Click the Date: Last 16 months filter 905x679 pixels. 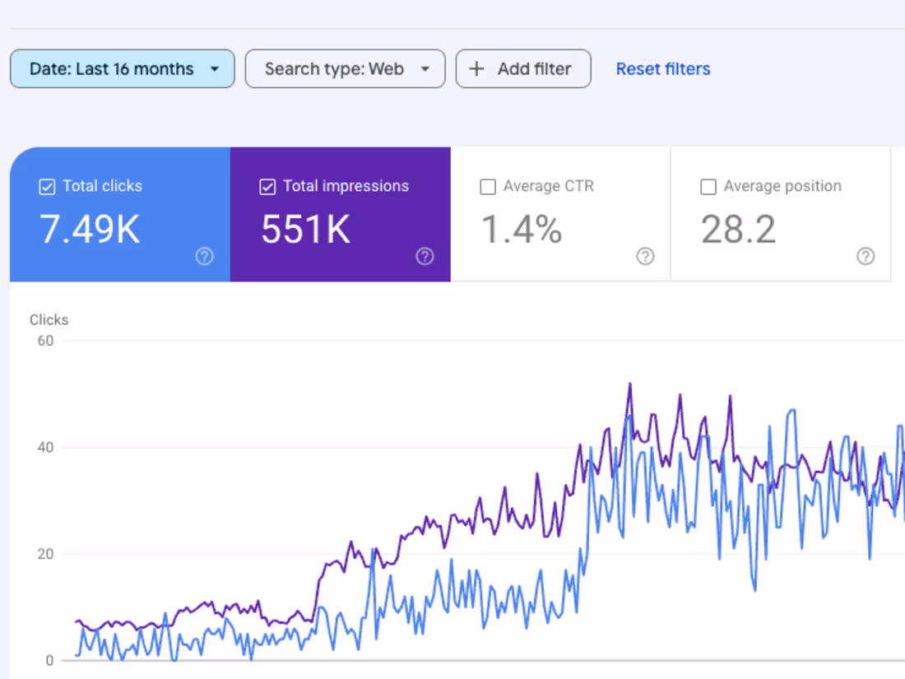point(123,69)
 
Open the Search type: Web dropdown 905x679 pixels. point(345,69)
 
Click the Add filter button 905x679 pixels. point(523,69)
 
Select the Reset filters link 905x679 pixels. point(663,69)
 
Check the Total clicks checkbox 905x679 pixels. point(47,187)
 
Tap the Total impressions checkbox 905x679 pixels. point(267,187)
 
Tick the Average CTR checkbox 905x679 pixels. point(488,187)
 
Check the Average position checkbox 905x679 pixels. point(708,187)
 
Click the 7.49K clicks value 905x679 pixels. point(90,230)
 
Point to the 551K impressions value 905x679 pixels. point(306,230)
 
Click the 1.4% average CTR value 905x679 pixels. point(522,230)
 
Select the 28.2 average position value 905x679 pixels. point(738,230)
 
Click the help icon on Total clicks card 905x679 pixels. point(204,257)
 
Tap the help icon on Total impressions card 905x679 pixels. point(425,257)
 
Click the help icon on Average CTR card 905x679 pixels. point(645,257)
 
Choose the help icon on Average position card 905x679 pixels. point(866,257)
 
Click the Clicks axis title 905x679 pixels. point(49,320)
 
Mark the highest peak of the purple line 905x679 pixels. point(629,384)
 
